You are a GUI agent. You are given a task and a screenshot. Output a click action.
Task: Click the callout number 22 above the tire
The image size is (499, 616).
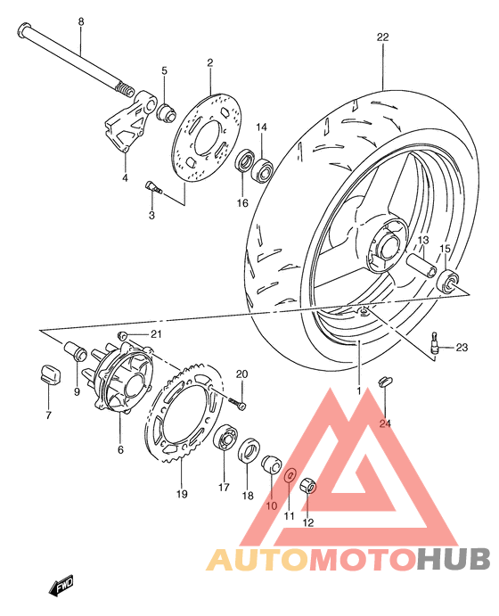[x=383, y=37]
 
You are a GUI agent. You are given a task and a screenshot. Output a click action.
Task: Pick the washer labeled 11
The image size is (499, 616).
[x=290, y=477]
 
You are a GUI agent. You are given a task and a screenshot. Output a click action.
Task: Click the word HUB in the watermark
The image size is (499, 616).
[x=453, y=559]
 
